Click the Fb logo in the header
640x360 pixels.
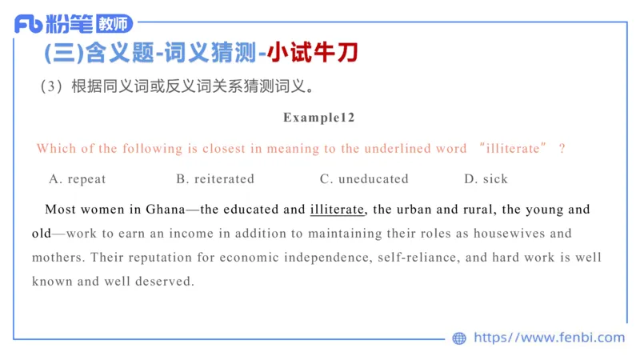coord(29,23)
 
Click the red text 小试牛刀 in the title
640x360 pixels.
coord(313,53)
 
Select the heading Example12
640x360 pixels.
coord(319,117)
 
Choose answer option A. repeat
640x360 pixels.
coord(77,178)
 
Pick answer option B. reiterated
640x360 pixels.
coord(215,178)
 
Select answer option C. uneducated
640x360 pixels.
coord(364,178)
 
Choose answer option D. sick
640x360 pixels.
coord(486,178)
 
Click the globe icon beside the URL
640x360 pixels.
coord(459,338)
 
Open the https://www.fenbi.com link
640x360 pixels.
coord(549,338)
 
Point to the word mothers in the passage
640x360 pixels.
coord(58,258)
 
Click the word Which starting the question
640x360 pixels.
coord(54,148)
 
